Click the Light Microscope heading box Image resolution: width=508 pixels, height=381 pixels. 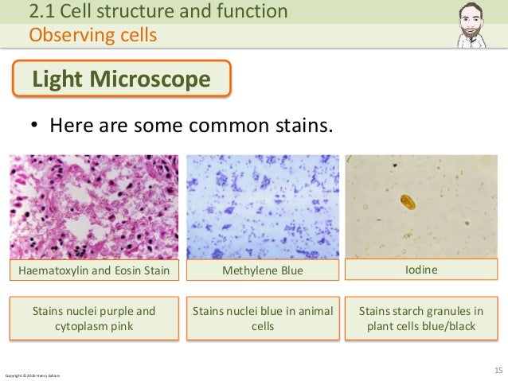[120, 80]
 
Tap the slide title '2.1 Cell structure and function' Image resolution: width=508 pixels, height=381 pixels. [158, 11]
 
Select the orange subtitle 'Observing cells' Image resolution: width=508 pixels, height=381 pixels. [92, 35]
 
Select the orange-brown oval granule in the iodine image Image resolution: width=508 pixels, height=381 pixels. [408, 202]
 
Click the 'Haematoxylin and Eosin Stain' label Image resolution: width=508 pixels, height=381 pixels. [94, 271]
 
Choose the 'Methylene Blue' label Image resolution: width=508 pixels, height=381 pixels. [262, 271]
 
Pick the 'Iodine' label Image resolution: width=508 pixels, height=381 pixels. [421, 270]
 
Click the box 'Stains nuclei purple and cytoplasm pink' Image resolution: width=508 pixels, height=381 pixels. [94, 318]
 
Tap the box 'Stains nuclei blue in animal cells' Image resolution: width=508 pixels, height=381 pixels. [262, 318]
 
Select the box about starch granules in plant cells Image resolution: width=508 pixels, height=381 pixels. [421, 318]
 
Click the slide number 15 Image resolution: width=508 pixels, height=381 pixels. [498, 370]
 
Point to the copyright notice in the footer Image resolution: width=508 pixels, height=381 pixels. [33, 375]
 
